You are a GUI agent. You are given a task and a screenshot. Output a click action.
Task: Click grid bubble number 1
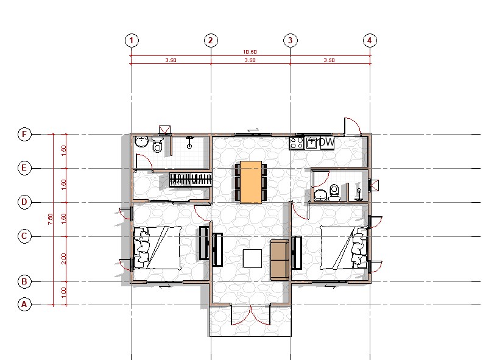click(x=132, y=40)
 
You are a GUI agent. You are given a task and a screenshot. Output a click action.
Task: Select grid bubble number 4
click(x=370, y=40)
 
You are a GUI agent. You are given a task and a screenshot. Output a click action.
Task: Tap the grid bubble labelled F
click(x=24, y=134)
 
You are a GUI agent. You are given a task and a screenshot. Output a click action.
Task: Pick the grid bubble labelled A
click(x=24, y=304)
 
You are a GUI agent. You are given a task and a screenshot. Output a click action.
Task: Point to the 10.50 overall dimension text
click(x=250, y=52)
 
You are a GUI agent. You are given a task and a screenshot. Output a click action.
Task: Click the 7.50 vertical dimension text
click(x=50, y=219)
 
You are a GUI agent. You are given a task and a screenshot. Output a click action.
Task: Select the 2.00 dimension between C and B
click(x=64, y=259)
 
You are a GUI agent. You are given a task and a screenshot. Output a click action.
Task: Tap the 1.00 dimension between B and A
click(x=64, y=293)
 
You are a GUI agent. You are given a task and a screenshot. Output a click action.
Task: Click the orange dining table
click(x=251, y=182)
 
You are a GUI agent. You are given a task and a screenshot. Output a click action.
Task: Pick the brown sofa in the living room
click(x=280, y=260)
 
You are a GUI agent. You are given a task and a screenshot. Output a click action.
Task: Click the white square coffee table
click(x=252, y=258)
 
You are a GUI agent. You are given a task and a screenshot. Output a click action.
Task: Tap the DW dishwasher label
click(x=326, y=143)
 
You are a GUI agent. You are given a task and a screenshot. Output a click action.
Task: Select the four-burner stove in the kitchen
click(x=297, y=143)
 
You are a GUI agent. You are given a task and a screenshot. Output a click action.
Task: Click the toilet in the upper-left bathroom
click(x=157, y=145)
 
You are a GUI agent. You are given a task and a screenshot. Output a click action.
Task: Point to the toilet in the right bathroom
click(x=334, y=192)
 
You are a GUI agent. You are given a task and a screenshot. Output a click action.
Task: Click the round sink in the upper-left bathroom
click(x=141, y=141)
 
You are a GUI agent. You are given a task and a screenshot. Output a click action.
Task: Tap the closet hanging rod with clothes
click(x=191, y=180)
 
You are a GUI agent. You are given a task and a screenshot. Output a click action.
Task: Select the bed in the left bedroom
click(x=157, y=248)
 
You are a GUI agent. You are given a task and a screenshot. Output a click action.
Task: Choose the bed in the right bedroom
click(x=344, y=248)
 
